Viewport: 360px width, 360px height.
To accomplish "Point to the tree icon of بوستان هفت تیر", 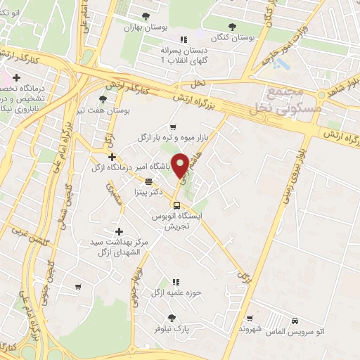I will (103, 99).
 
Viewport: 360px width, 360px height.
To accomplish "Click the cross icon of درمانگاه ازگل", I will (111, 156).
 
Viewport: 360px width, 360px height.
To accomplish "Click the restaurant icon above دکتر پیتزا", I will (148, 181).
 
